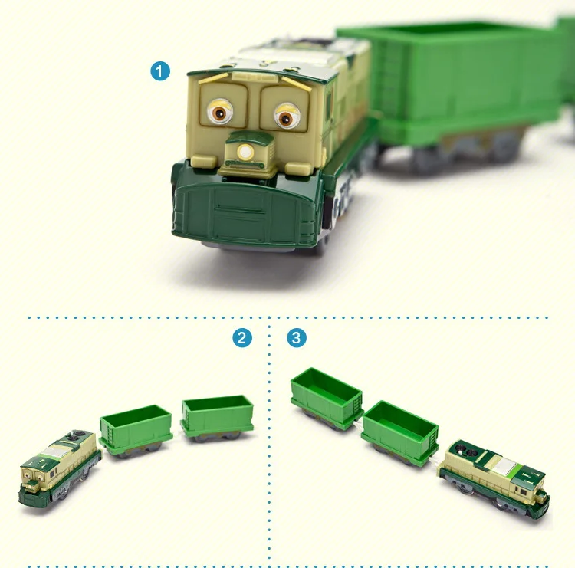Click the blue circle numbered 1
(159, 72)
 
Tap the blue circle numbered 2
(242, 337)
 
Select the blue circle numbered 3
(297, 337)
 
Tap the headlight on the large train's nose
(245, 153)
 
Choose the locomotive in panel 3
(496, 477)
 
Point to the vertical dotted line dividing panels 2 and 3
(269, 445)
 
